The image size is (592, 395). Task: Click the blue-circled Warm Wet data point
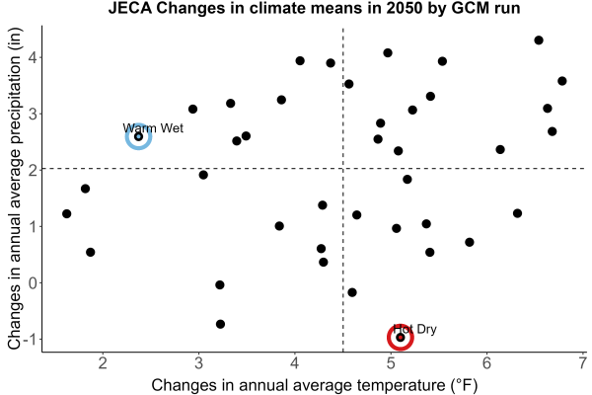pos(138,136)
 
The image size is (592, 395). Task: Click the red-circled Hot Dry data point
pos(401,337)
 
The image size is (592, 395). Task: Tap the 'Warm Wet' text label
pos(153,128)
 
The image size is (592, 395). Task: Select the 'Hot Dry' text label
pos(414,329)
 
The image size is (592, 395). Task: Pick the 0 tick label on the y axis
pos(33,282)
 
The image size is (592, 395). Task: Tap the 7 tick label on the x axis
pos(582,363)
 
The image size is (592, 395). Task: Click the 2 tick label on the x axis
pos(103,363)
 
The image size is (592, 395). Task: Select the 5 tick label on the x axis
pos(391,363)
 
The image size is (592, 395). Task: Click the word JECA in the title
pos(130,8)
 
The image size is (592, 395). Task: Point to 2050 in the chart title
pos(404,8)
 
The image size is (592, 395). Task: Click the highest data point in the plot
pos(539,40)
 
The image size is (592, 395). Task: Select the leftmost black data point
pos(67,214)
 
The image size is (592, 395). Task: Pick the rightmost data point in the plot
pos(562,81)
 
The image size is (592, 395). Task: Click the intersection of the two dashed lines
pos(342,168)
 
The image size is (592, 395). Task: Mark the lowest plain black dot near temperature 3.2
pos(220,324)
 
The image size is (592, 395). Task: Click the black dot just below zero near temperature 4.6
pos(352,292)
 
